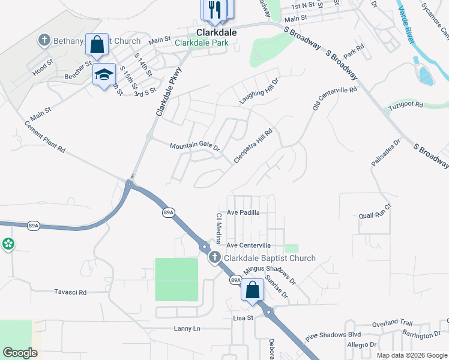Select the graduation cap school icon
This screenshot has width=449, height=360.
104,74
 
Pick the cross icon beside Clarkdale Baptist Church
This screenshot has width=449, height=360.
215,258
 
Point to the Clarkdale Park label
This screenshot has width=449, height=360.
202,43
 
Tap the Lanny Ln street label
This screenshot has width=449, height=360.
187,328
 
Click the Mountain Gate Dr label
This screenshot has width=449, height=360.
195,146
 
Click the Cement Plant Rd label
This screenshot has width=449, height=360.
44,137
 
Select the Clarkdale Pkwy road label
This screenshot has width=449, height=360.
169,91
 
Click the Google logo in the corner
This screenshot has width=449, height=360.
20,353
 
